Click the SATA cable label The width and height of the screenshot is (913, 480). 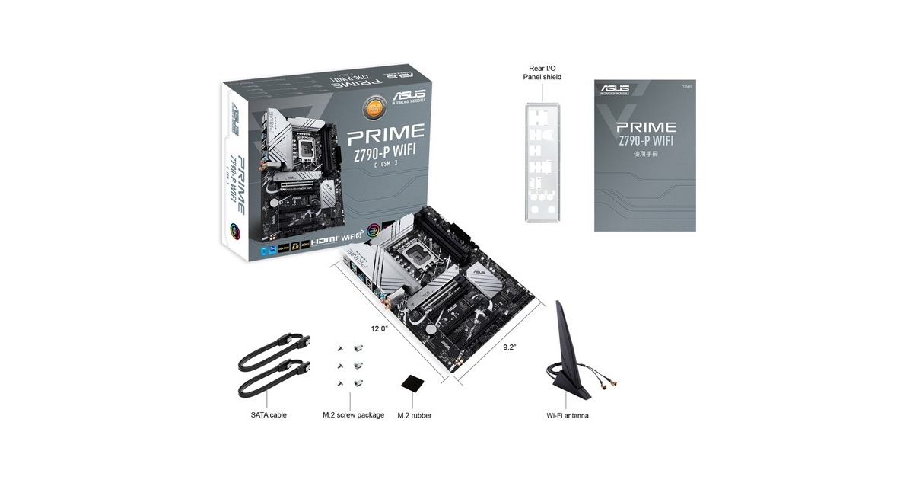[268, 415]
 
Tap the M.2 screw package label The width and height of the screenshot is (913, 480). [353, 415]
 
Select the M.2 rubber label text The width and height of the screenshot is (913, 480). [415, 415]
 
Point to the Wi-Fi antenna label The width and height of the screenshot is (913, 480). [568, 416]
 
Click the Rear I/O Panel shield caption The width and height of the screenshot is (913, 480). [542, 72]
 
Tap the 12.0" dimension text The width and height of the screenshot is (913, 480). [380, 329]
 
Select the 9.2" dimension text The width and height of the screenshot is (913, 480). [510, 347]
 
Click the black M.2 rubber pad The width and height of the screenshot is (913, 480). [415, 382]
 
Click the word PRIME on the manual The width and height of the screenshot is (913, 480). [646, 127]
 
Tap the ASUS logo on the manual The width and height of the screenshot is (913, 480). [614, 90]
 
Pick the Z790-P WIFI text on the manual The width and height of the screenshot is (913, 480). [646, 141]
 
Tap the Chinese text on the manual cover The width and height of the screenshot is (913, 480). [646, 153]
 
